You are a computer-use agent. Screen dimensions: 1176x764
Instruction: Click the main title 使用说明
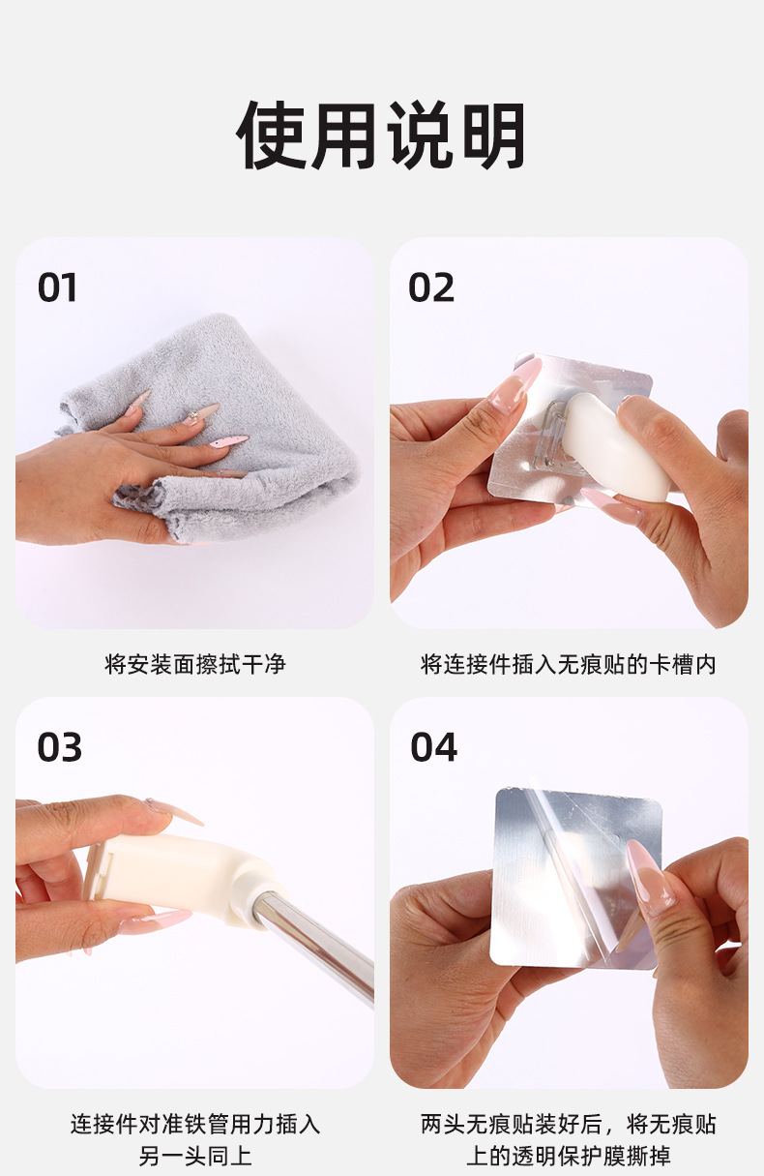coord(382,136)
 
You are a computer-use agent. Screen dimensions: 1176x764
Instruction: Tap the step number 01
coord(58,288)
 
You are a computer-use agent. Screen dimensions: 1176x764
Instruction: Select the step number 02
coord(431,288)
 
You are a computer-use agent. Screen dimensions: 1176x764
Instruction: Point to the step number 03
coord(60,748)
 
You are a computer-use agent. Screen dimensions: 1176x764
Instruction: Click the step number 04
coord(433,748)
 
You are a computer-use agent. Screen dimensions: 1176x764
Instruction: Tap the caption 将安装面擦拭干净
coord(195,665)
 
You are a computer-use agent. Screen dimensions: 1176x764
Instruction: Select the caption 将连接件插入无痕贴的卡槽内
coord(569,665)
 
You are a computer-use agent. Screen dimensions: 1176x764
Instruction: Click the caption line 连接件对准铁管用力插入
coord(195,1124)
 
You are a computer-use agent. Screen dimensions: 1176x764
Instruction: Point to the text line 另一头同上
coord(195,1156)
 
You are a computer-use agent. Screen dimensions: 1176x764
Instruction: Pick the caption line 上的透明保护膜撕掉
coord(569,1156)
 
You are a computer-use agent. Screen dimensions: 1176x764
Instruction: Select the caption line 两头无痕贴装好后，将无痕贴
coord(569,1124)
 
